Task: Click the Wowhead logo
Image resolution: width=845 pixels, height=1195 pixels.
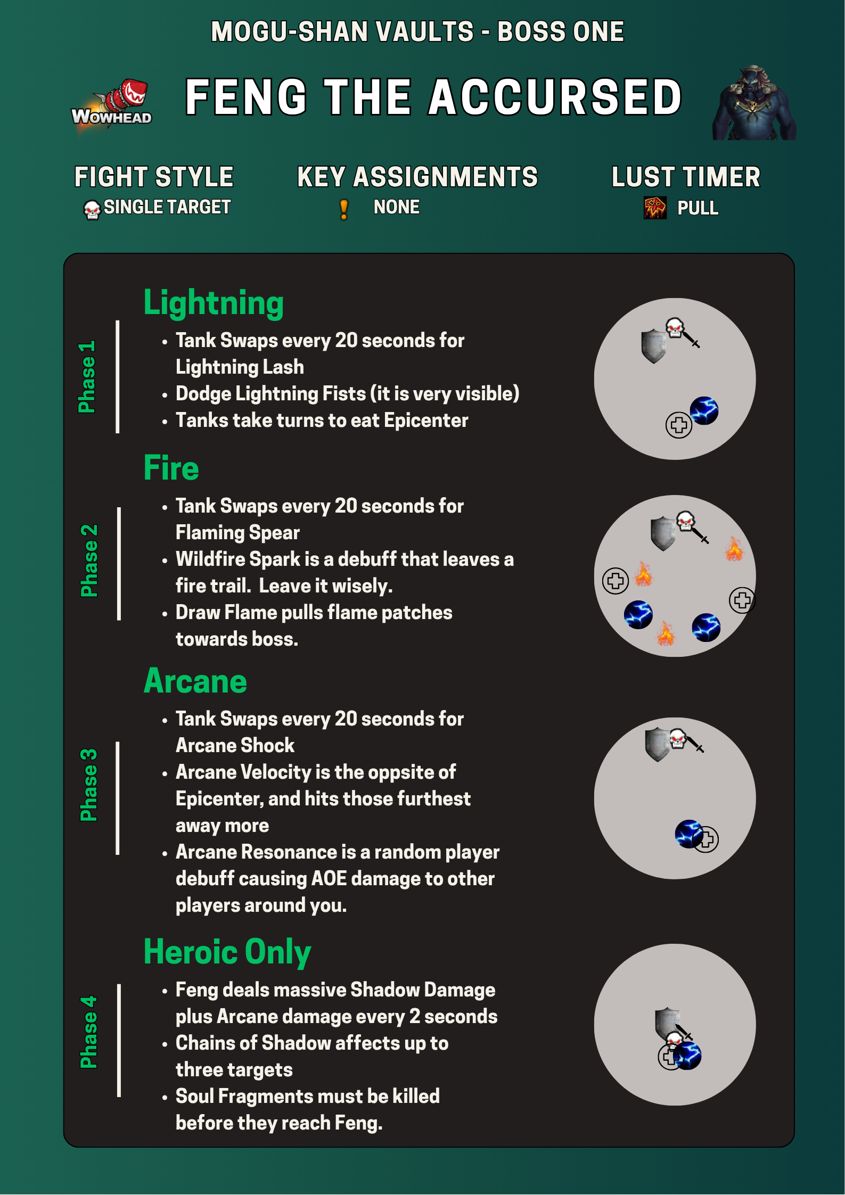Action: pyautogui.click(x=112, y=106)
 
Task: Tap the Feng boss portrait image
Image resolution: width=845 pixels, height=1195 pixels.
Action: pyautogui.click(x=754, y=103)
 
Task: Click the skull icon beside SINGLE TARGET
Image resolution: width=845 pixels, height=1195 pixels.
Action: pyautogui.click(x=92, y=210)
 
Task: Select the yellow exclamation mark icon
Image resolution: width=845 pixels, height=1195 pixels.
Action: pyautogui.click(x=344, y=209)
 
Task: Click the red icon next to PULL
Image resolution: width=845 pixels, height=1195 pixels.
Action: pyautogui.click(x=655, y=208)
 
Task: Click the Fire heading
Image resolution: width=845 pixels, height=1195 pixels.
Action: pyautogui.click(x=171, y=468)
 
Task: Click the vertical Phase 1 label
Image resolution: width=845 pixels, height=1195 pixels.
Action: pyautogui.click(x=87, y=377)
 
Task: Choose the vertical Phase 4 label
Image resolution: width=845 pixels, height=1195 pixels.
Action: pyautogui.click(x=88, y=1032)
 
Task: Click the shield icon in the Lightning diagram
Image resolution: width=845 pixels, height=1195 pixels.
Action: pyautogui.click(x=654, y=346)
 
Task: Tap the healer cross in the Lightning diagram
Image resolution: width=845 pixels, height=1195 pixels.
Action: pyautogui.click(x=679, y=425)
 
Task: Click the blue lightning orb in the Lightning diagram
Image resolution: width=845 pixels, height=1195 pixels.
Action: pyautogui.click(x=704, y=410)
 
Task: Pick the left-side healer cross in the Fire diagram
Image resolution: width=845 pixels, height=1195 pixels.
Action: pyautogui.click(x=616, y=581)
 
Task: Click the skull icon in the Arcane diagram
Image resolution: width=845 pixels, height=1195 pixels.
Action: pyautogui.click(x=677, y=739)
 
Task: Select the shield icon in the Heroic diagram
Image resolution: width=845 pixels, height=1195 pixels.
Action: pyautogui.click(x=667, y=1023)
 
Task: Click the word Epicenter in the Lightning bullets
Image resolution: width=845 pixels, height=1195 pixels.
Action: pyautogui.click(x=426, y=421)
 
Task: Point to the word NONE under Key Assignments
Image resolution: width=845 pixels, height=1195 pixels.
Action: pyautogui.click(x=397, y=207)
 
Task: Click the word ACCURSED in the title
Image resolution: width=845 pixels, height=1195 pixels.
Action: pyautogui.click(x=555, y=97)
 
